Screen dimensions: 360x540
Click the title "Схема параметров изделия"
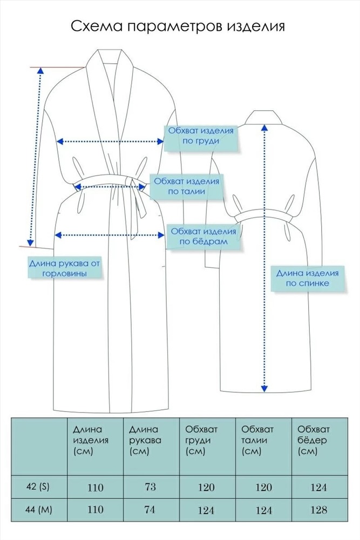pyautogui.click(x=178, y=26)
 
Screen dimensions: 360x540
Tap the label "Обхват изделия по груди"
pyautogui.click(x=201, y=136)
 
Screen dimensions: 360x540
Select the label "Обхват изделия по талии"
pyautogui.click(x=186, y=186)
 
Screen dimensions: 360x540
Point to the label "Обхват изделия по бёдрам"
pyautogui.click(x=203, y=237)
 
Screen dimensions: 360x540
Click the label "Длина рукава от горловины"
pyautogui.click(x=64, y=268)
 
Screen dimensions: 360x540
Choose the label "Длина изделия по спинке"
pyautogui.click(x=307, y=278)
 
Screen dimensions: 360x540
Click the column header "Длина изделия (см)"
pyautogui.click(x=91, y=440)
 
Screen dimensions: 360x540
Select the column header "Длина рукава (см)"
pyautogui.click(x=145, y=440)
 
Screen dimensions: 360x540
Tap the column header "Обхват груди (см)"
pyautogui.click(x=201, y=440)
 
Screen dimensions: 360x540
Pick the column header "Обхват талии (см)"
pyautogui.click(x=257, y=440)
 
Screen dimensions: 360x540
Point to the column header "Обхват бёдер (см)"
pyautogui.click(x=314, y=440)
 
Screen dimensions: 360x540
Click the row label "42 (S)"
pyautogui.click(x=38, y=487)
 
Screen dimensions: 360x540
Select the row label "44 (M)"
pyautogui.click(x=39, y=509)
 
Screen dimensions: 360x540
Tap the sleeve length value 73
pyautogui.click(x=151, y=487)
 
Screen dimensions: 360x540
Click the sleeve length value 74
pyautogui.click(x=150, y=509)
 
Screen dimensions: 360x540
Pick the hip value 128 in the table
pyautogui.click(x=318, y=510)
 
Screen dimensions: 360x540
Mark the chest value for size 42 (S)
pyautogui.click(x=207, y=487)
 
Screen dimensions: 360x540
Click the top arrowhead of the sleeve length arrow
pyautogui.click(x=40, y=70)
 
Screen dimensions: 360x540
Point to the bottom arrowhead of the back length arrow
pyautogui.click(x=264, y=389)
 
